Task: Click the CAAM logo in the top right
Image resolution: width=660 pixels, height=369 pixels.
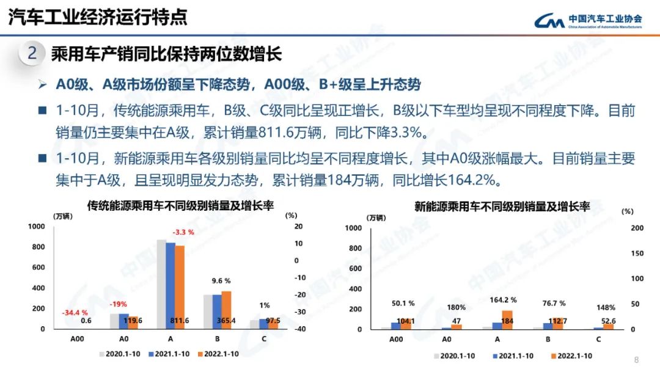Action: tap(587, 21)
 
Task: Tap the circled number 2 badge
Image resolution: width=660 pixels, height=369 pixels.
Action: tap(32, 54)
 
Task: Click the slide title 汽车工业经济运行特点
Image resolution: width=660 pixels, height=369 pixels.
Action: tap(98, 16)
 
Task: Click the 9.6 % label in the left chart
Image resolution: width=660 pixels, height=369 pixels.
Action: tap(221, 281)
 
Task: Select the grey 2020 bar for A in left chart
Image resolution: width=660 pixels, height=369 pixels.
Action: tap(161, 284)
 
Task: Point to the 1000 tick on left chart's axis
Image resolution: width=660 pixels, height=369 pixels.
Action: tap(37, 227)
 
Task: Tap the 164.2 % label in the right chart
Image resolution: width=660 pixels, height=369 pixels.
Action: tap(504, 300)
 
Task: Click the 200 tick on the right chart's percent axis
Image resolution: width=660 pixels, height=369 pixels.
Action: tap(637, 228)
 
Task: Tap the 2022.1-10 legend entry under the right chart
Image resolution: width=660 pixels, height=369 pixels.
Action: tap(571, 356)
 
